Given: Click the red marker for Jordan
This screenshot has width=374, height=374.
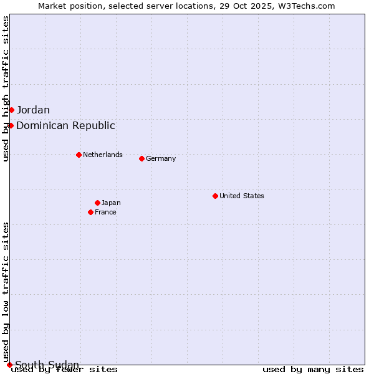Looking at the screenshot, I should pos(11,110).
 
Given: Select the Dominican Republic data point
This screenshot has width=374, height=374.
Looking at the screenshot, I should pos(11,126).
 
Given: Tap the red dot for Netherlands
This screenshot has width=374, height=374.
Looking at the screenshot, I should pos(79,155).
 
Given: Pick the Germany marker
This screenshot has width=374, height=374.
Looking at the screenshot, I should pos(141,158).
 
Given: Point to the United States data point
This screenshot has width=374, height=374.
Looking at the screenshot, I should pos(215,196).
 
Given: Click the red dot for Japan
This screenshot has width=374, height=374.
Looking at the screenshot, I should pos(97,203).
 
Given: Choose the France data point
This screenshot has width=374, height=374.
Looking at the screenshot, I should pos(90,212).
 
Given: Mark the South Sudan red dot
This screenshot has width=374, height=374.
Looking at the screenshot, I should pos(9,365).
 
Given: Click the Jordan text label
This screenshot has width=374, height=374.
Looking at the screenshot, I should pos(33,110).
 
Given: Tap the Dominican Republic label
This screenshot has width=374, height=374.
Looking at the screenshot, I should pos(65,126).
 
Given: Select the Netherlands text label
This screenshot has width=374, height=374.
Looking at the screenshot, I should pos(103,155).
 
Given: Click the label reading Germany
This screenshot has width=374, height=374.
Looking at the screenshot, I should pos(161,158).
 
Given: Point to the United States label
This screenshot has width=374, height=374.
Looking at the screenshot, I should pos(242,196).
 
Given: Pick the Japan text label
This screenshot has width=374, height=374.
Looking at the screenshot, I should pos(111,203).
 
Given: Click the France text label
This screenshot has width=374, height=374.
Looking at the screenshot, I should pos(105,212).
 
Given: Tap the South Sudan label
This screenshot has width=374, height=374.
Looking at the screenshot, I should pos(47,365).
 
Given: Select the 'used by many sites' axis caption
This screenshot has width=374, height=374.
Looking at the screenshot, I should pos(313,370).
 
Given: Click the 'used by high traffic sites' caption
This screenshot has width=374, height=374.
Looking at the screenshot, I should pos(6,89).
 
